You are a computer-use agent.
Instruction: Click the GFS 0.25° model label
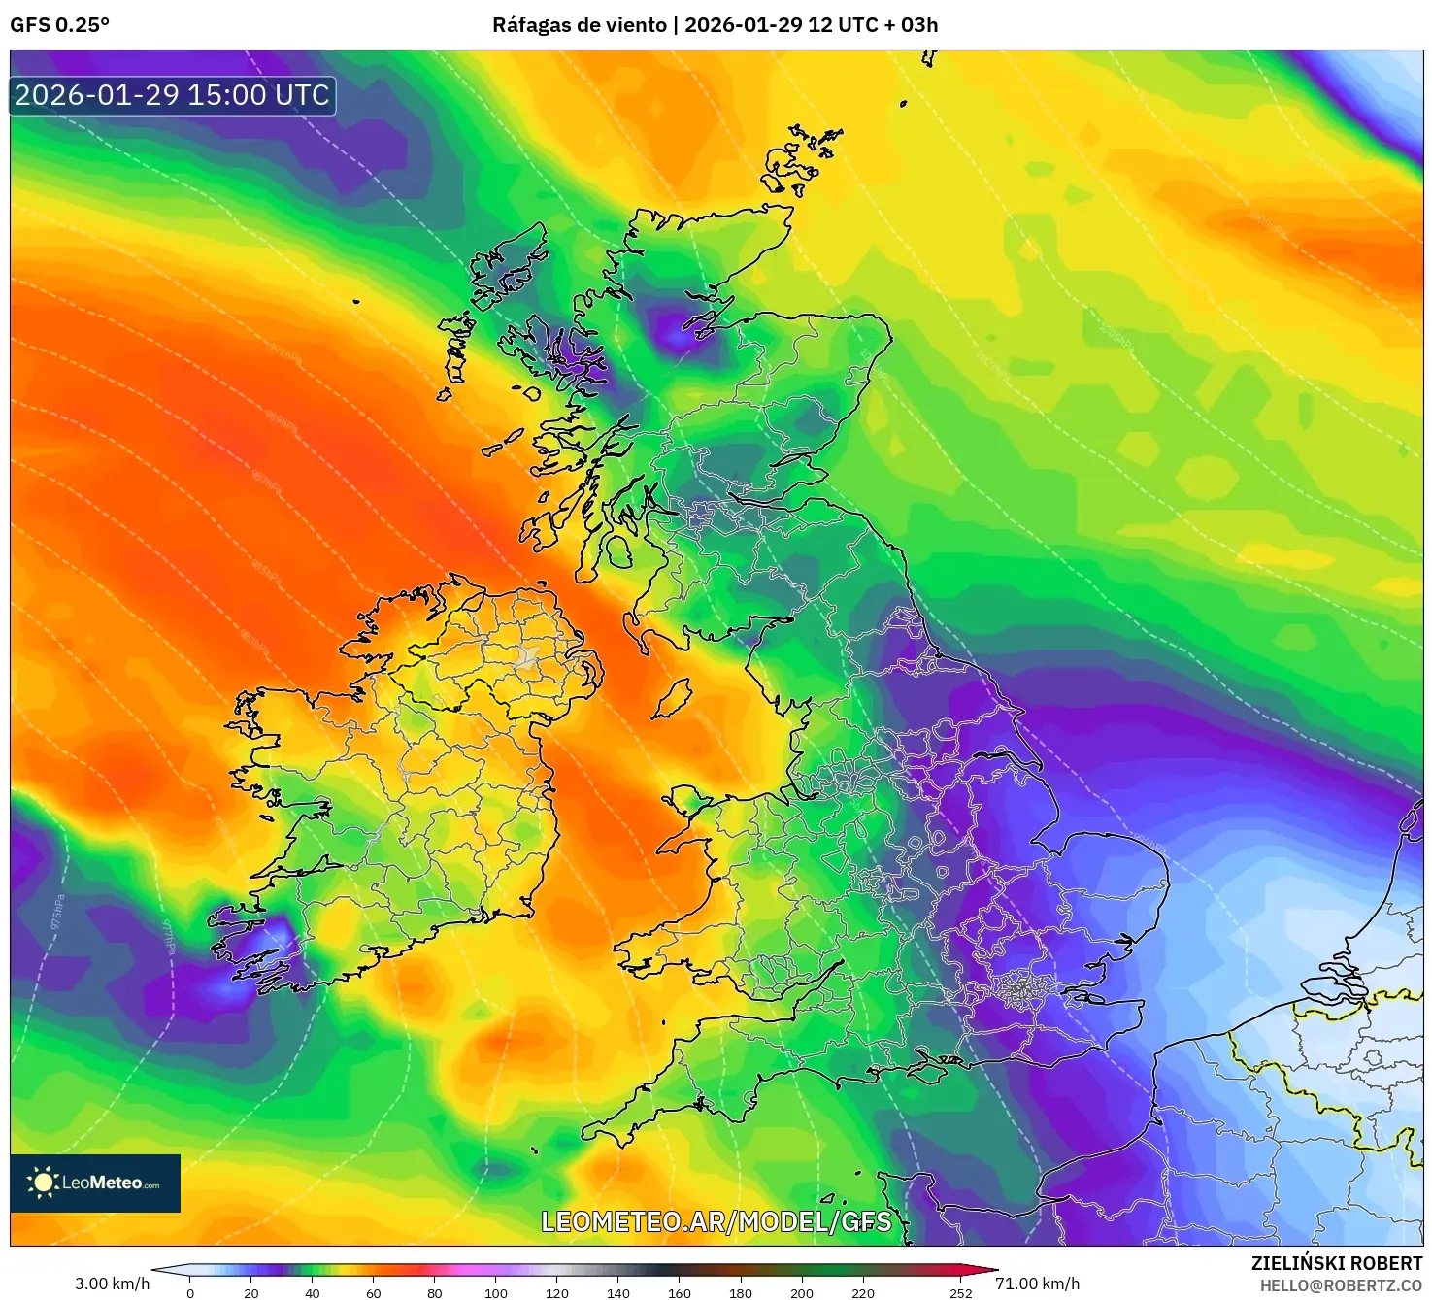pyautogui.click(x=59, y=25)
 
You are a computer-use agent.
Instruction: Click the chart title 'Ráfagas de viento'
pyautogui.click(x=580, y=25)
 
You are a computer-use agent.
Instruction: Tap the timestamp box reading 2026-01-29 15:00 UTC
pyautogui.click(x=173, y=95)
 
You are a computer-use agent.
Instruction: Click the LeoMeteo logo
pyautogui.click(x=95, y=1183)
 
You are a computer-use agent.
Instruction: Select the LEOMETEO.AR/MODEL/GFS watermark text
pyautogui.click(x=716, y=1221)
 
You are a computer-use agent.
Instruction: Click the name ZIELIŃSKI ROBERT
pyautogui.click(x=1336, y=1263)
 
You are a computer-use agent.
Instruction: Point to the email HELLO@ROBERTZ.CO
pyautogui.click(x=1341, y=1285)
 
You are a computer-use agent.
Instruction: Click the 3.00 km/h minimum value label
pyautogui.click(x=112, y=1283)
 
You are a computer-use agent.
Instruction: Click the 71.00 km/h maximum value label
pyautogui.click(x=1037, y=1283)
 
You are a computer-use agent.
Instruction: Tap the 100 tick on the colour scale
pyautogui.click(x=496, y=1292)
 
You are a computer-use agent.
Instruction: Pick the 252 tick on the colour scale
pyautogui.click(x=960, y=1292)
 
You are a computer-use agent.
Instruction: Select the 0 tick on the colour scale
pyautogui.click(x=190, y=1292)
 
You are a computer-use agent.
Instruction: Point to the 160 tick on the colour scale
pyautogui.click(x=680, y=1292)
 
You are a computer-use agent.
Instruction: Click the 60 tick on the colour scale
pyautogui.click(x=374, y=1292)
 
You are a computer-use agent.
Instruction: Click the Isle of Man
pyautogui.click(x=672, y=698)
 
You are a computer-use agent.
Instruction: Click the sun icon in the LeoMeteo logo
pyautogui.click(x=43, y=1183)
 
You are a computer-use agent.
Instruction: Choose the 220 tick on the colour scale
pyautogui.click(x=862, y=1292)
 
